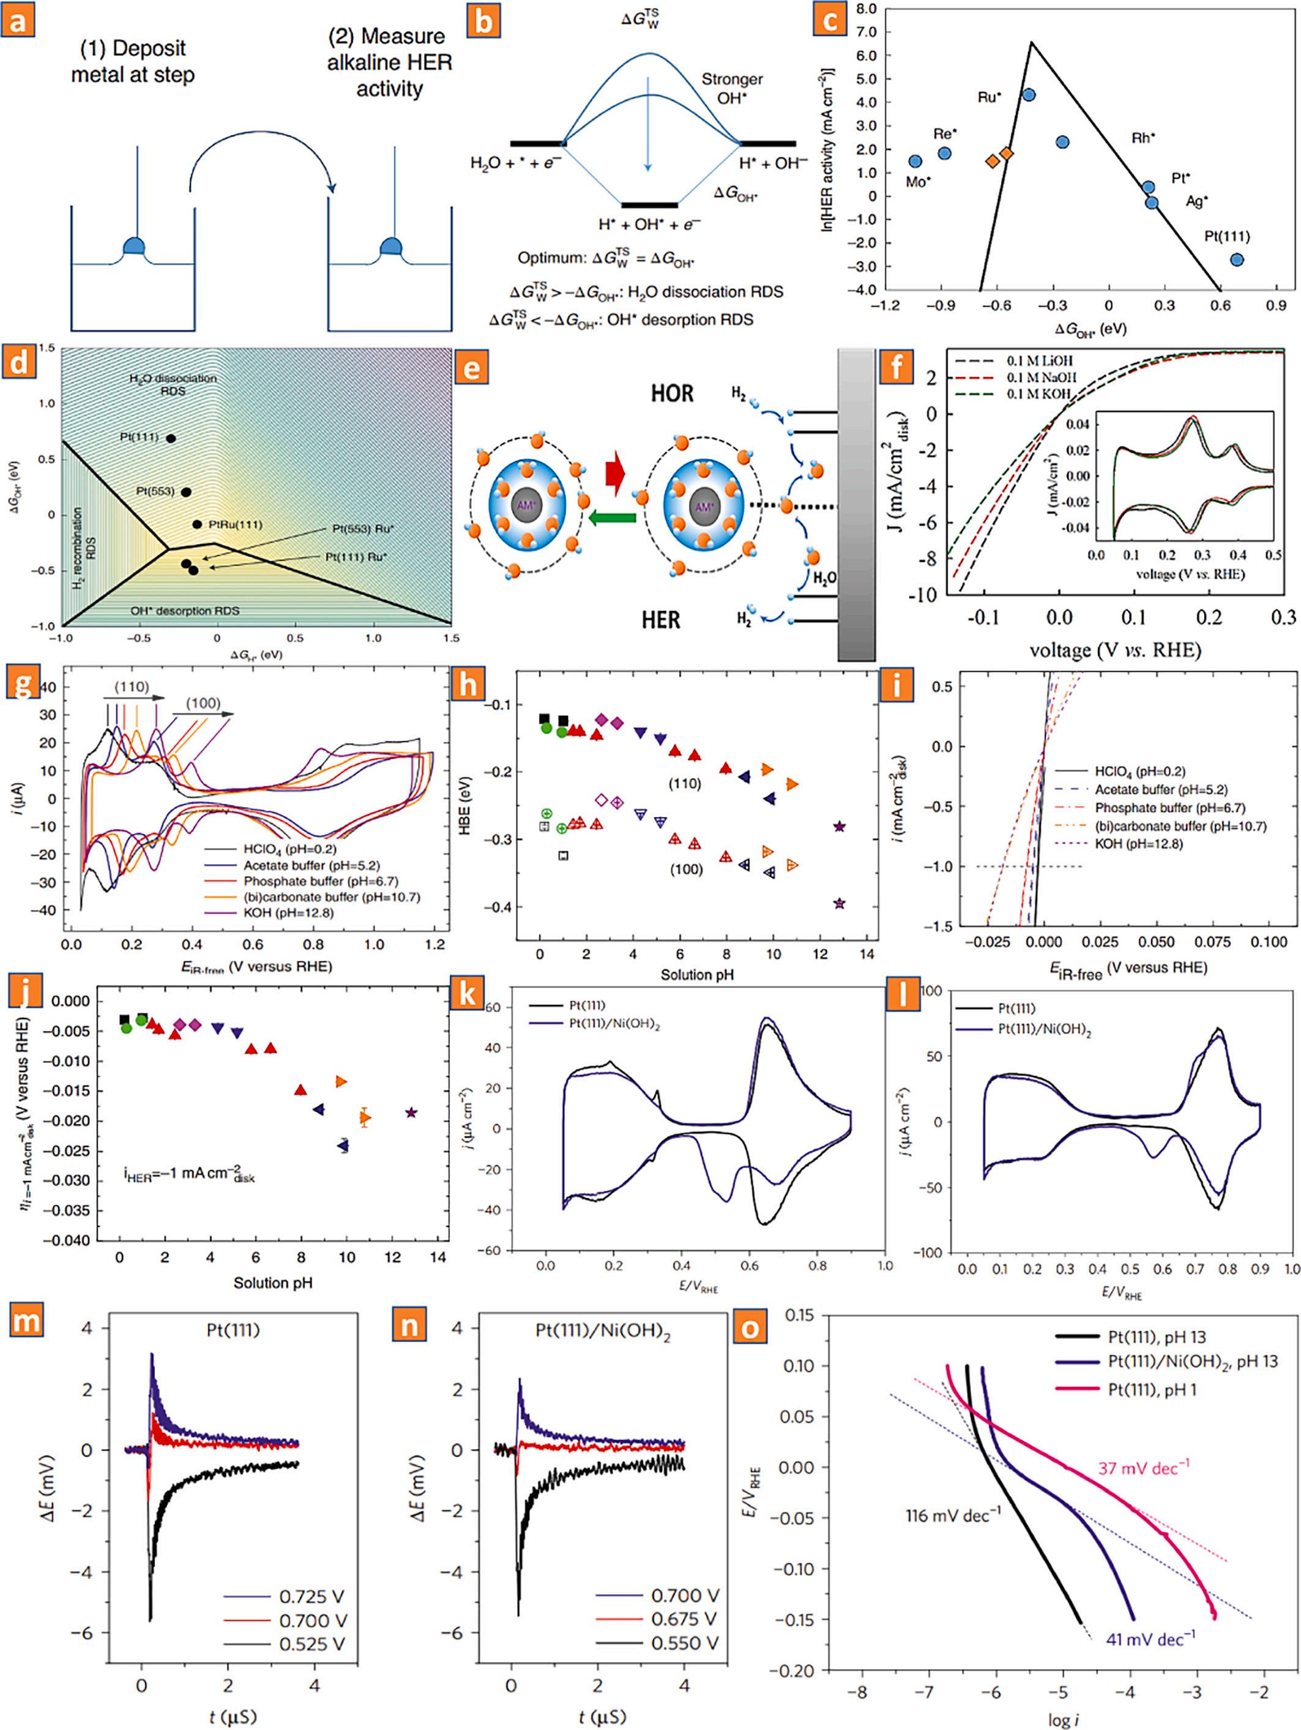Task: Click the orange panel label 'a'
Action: pos(17,20)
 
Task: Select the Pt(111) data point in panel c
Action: pos(1237,259)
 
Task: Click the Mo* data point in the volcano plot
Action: pos(915,161)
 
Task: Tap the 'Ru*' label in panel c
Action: pos(989,98)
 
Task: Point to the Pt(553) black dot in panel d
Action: pos(186,492)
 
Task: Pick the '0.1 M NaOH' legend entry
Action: pos(1040,377)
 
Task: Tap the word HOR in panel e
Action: pos(673,393)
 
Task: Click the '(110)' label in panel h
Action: pos(685,784)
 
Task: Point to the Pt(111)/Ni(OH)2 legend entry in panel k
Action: pos(614,1024)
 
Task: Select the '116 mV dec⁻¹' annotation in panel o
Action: pos(953,1516)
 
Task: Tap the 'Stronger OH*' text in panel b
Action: pos(731,88)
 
